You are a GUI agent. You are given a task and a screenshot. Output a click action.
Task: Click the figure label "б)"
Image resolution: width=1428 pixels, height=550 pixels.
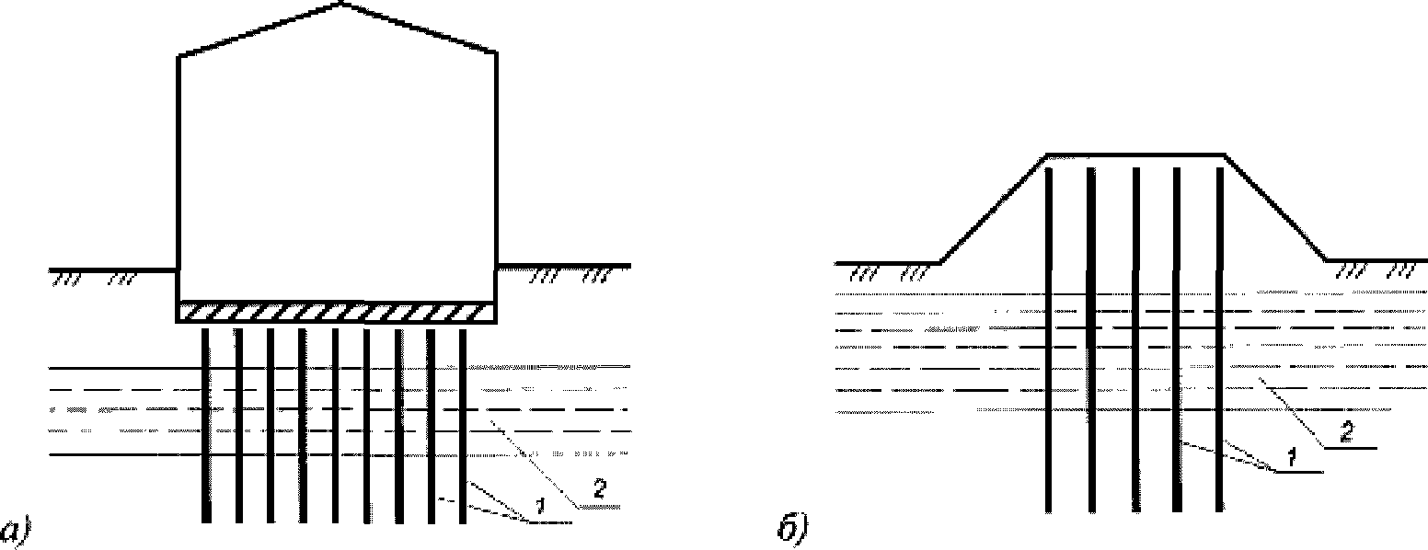coord(791,531)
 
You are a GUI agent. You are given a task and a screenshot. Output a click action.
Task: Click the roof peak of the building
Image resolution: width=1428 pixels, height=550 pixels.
coord(342,5)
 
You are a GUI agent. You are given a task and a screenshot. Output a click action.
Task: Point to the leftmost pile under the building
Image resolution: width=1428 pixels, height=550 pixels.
coord(206,423)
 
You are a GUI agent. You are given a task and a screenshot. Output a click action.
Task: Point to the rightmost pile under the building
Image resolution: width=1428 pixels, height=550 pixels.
coord(463,423)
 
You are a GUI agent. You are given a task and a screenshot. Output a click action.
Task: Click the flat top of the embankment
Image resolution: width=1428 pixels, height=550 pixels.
coord(1136,155)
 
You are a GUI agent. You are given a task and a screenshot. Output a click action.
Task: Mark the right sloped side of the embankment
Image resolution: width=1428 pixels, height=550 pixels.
coord(1275,209)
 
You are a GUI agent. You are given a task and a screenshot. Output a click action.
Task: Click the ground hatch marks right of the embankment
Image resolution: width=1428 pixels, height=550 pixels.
coord(1376,270)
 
